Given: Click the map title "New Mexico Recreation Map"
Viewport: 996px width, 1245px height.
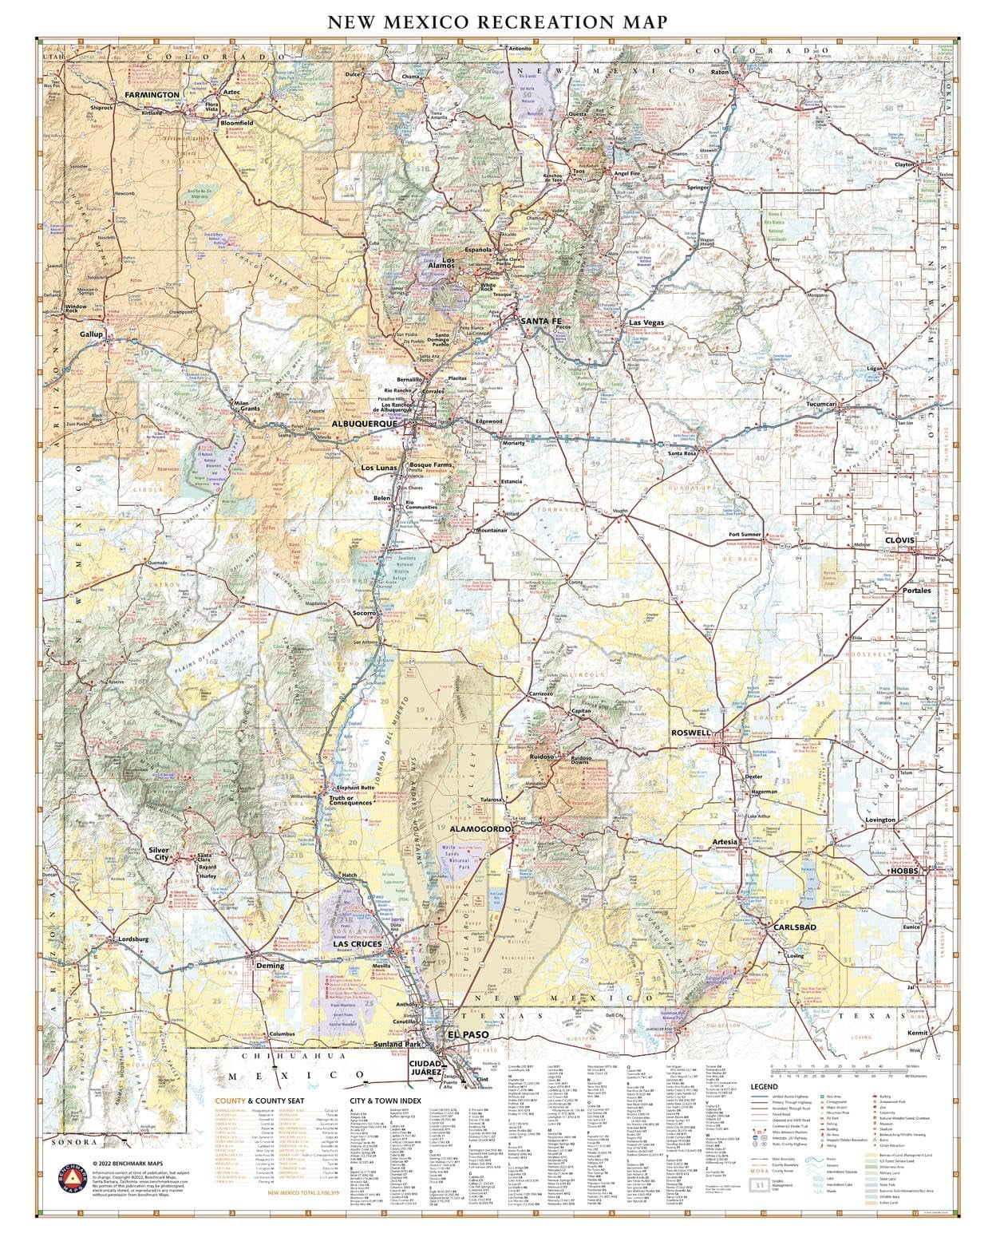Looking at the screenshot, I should point(496,22).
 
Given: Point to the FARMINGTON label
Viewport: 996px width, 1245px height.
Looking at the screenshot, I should point(152,95).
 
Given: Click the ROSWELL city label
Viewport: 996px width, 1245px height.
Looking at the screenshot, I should point(690,733).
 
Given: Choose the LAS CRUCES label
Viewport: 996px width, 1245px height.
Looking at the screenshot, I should point(357,945).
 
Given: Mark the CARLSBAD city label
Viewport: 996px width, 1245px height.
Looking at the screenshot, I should point(794,927).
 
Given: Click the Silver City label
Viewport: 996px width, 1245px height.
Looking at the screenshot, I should point(159,855).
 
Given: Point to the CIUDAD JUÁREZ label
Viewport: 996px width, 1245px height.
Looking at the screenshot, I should point(426,1069).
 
